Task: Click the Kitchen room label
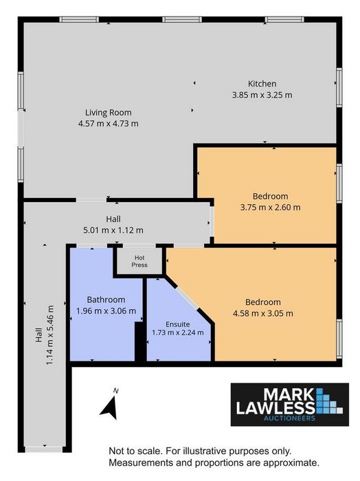262,84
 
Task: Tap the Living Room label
109,113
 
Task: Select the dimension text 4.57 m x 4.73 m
109,124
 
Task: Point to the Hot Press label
139,261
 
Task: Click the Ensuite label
177,324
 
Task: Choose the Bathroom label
106,300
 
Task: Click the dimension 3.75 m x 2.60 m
270,208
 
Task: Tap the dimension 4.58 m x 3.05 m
263,313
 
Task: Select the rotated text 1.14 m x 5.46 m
49,335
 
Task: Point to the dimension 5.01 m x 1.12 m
113,230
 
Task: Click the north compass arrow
109,407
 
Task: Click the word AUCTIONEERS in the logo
290,418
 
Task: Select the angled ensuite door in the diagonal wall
188,298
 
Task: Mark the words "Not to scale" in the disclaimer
135,451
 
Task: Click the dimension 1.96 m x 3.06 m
106,311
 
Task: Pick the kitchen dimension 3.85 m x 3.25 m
262,95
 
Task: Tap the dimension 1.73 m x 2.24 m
177,333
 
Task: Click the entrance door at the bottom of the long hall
44,449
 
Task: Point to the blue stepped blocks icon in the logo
328,401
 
